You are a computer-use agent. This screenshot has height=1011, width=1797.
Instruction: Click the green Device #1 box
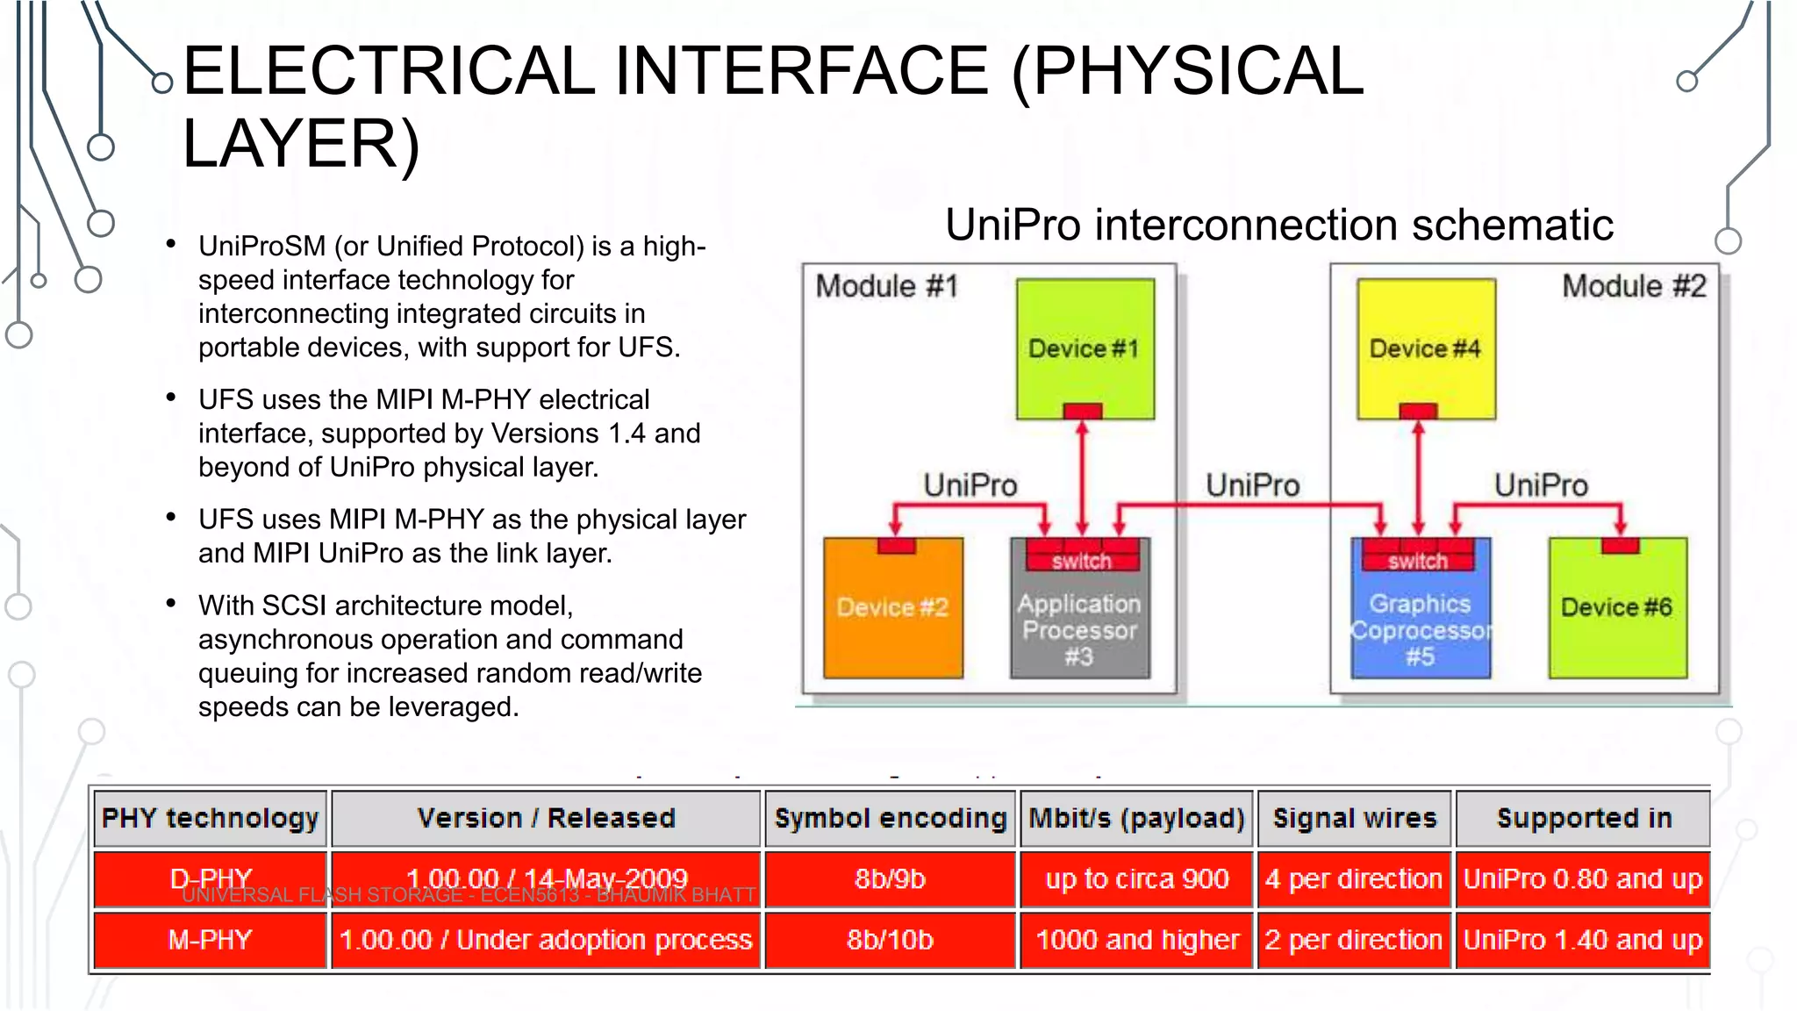point(1085,348)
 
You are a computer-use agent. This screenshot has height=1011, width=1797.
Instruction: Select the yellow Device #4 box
point(1425,348)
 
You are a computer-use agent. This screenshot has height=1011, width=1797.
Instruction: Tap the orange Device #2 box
point(892,607)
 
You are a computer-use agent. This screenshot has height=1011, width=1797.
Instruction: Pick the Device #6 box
point(1616,607)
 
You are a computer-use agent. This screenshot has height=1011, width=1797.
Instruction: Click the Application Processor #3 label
point(1079,630)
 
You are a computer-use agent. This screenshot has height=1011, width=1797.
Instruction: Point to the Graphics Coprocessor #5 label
point(1420,630)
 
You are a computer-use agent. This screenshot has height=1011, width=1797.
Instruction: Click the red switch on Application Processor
point(1082,560)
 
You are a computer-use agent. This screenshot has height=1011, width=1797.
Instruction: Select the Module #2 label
point(1634,286)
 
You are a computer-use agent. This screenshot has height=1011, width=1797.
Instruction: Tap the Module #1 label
point(886,286)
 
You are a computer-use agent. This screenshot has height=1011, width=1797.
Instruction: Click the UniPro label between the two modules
point(1252,485)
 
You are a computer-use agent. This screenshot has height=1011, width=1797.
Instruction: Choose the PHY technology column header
point(210,818)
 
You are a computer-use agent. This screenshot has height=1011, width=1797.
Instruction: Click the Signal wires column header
point(1354,818)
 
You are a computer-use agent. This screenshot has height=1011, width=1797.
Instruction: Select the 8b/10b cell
point(890,940)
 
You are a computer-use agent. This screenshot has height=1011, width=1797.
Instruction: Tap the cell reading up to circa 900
point(1136,878)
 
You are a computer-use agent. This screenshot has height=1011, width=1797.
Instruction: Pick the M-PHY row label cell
point(210,940)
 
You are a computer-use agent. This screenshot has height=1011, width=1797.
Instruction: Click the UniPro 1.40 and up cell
point(1582,940)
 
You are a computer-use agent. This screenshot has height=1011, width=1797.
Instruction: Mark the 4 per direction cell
point(1354,878)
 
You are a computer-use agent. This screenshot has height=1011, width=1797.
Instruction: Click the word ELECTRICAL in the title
point(388,71)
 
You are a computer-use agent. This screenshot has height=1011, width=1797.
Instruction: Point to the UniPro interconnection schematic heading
point(1278,225)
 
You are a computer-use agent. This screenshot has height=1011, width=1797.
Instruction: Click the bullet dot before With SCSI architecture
point(171,604)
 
